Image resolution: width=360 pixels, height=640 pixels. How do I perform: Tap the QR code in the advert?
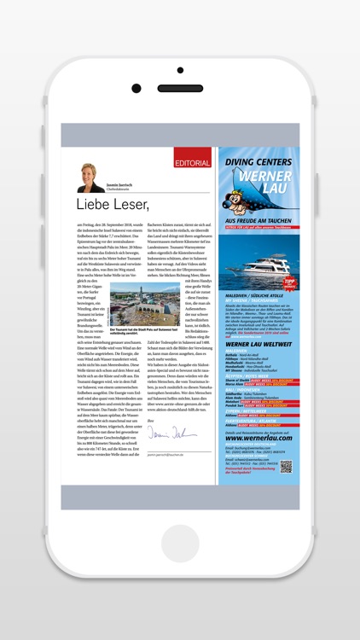(286, 466)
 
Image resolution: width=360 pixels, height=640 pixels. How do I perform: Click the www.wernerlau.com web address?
(253, 438)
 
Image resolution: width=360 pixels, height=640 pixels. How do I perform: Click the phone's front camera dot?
(136, 87)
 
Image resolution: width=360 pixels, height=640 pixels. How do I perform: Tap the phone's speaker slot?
(179, 87)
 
